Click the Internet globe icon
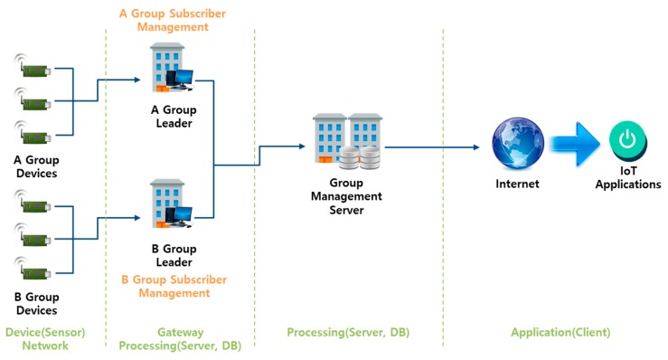coord(516,147)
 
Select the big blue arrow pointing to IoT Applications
coord(571,146)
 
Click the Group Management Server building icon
coord(348,143)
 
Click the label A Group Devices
coord(36,166)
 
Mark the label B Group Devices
coord(36,302)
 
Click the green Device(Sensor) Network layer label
coord(44,339)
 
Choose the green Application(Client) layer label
coord(560,333)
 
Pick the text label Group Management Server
coord(346,196)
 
